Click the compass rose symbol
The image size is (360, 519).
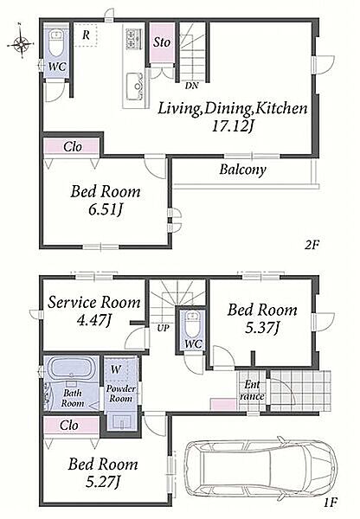coord(21,42)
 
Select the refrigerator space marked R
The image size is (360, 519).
coord(85,35)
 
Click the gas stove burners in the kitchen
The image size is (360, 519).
coord(134,39)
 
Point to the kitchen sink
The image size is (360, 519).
coord(134,86)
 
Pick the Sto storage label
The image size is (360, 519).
coord(162,42)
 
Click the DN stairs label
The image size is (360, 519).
coord(191,86)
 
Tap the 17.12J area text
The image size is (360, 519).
coord(233,126)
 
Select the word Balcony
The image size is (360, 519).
coord(243,170)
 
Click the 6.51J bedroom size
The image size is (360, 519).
coord(106,209)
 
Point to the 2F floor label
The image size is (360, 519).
coord(312,245)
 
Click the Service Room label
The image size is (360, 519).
coord(94,302)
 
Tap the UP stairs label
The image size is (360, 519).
coord(164,328)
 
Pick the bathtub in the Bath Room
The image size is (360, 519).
coord(71,368)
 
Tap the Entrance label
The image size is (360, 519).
coord(252,390)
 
